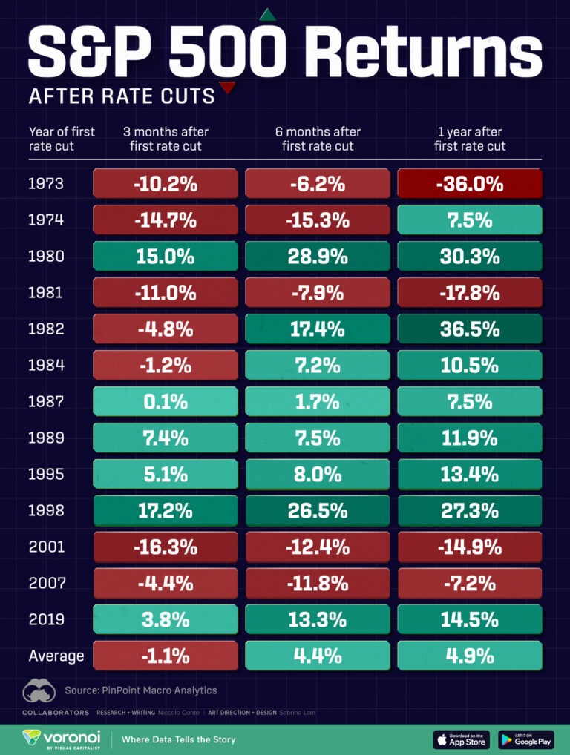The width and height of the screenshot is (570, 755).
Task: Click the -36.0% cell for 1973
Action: coord(470,184)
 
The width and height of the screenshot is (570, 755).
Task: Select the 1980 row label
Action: coord(45,257)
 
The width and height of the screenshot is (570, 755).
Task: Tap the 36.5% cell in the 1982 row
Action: coord(470,329)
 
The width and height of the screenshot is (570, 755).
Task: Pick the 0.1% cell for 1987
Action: coord(165,402)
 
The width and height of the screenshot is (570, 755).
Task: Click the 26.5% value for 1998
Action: coord(317,511)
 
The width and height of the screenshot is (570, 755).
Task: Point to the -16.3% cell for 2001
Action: coord(165,547)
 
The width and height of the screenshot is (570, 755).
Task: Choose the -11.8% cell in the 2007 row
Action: coord(317,584)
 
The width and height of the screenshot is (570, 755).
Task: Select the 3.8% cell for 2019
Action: coord(165,620)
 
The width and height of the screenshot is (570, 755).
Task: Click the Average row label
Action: coord(56,656)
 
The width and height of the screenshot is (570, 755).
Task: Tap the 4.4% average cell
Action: coord(317,656)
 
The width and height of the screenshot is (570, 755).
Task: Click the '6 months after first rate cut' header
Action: coord(318,139)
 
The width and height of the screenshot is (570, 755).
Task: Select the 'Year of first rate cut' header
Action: coord(62,139)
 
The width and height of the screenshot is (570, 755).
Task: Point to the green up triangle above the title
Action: coord(266,16)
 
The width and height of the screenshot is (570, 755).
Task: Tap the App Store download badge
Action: coord(462,739)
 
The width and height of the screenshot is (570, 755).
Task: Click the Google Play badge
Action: coord(525,739)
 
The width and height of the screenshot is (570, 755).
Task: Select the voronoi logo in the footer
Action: coord(56,739)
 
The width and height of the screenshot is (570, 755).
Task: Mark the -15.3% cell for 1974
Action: coord(317,220)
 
